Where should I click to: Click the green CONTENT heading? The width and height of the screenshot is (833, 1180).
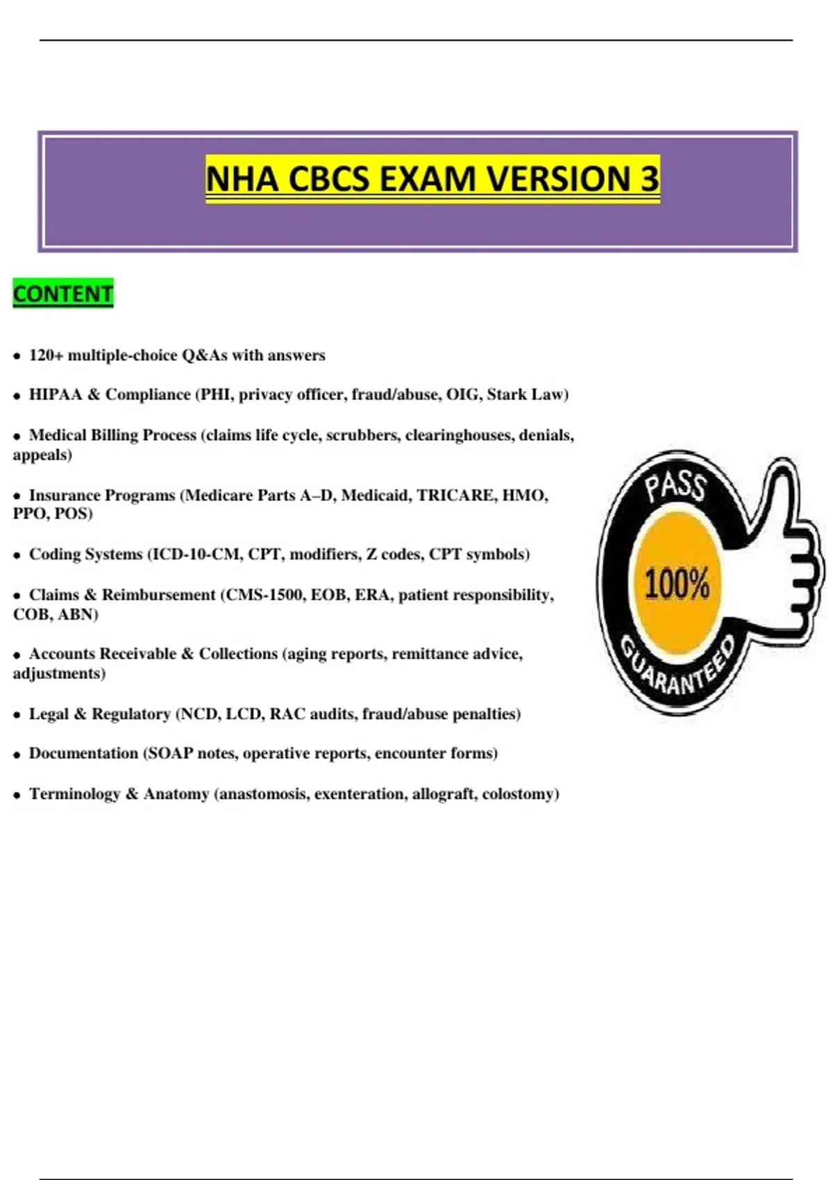click(63, 294)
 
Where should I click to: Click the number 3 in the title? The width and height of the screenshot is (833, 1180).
click(648, 178)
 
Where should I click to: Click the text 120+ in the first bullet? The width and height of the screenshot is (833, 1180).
click(46, 355)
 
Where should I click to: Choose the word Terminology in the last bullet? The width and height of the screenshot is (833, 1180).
click(74, 794)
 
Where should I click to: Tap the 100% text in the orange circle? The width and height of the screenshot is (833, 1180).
click(677, 583)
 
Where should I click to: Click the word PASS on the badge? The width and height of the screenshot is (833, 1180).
click(675, 486)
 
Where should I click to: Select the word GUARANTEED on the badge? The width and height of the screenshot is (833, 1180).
click(678, 671)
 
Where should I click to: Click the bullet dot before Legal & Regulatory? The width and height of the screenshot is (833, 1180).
click(17, 715)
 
